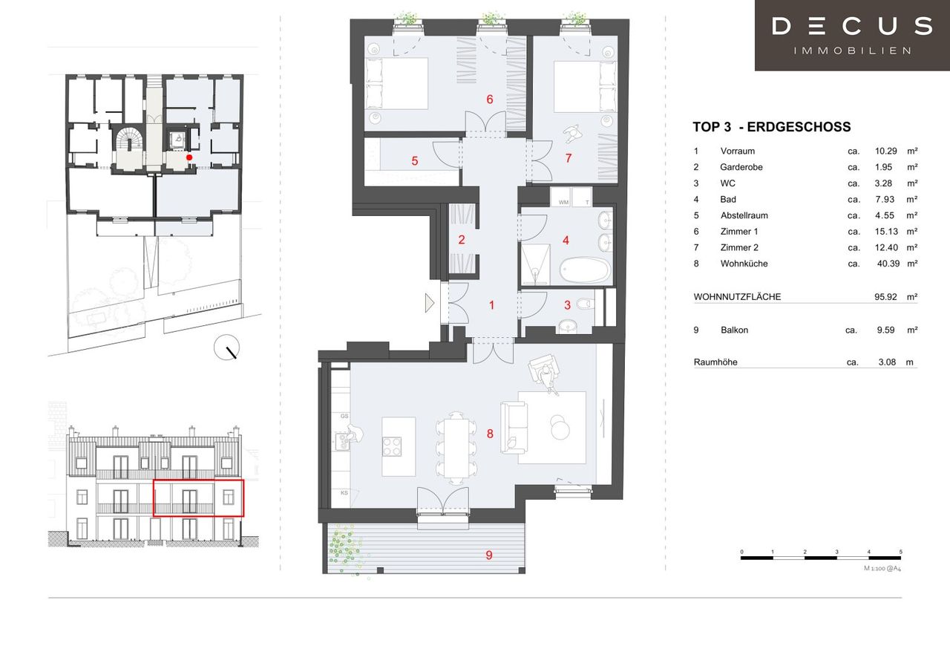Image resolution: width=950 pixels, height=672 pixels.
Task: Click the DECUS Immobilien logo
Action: point(852,35)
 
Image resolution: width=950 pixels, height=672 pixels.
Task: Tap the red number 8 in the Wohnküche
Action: point(490,434)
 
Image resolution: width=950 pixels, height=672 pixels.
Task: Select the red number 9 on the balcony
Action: point(489,555)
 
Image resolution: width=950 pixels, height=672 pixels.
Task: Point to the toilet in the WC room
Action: point(585,304)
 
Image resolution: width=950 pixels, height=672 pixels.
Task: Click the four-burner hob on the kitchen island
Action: point(392,446)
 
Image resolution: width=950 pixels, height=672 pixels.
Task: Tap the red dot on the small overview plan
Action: point(189,157)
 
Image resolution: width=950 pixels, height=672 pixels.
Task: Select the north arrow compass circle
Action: point(226,348)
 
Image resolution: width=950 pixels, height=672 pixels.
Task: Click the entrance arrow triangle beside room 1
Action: point(430,303)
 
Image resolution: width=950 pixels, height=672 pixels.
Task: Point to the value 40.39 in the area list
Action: point(888,264)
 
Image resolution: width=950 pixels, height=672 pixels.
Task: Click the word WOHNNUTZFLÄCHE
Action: point(737,296)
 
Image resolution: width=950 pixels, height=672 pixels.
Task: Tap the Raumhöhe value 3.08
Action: point(887,362)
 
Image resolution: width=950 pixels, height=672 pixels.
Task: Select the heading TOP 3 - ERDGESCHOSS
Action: point(771,126)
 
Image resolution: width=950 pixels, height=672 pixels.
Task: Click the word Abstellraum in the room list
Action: point(744,215)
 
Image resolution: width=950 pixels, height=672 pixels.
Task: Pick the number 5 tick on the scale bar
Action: point(900,552)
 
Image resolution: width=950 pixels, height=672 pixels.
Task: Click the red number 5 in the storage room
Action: point(415,161)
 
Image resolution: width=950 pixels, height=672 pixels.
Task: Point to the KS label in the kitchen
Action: point(344,492)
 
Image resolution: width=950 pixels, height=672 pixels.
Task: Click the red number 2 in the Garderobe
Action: point(462,240)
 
